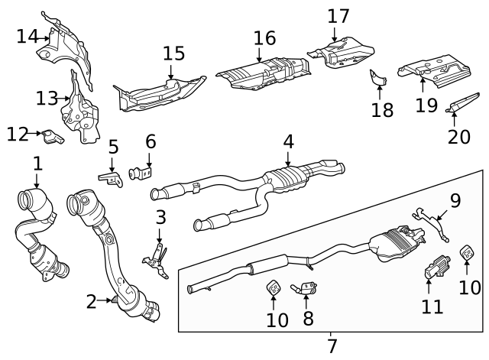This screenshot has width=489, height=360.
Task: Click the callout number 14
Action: [x=27, y=35]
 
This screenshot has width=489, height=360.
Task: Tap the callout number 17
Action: [x=338, y=16]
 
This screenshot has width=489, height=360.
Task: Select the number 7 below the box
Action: [x=332, y=345]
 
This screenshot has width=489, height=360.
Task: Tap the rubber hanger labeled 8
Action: [x=307, y=288]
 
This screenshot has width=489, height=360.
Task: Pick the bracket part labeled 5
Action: [x=112, y=177]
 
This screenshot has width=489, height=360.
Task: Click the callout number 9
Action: [x=455, y=201]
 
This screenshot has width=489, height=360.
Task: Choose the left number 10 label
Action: [x=277, y=319]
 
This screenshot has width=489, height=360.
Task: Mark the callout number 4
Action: [x=288, y=141]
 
